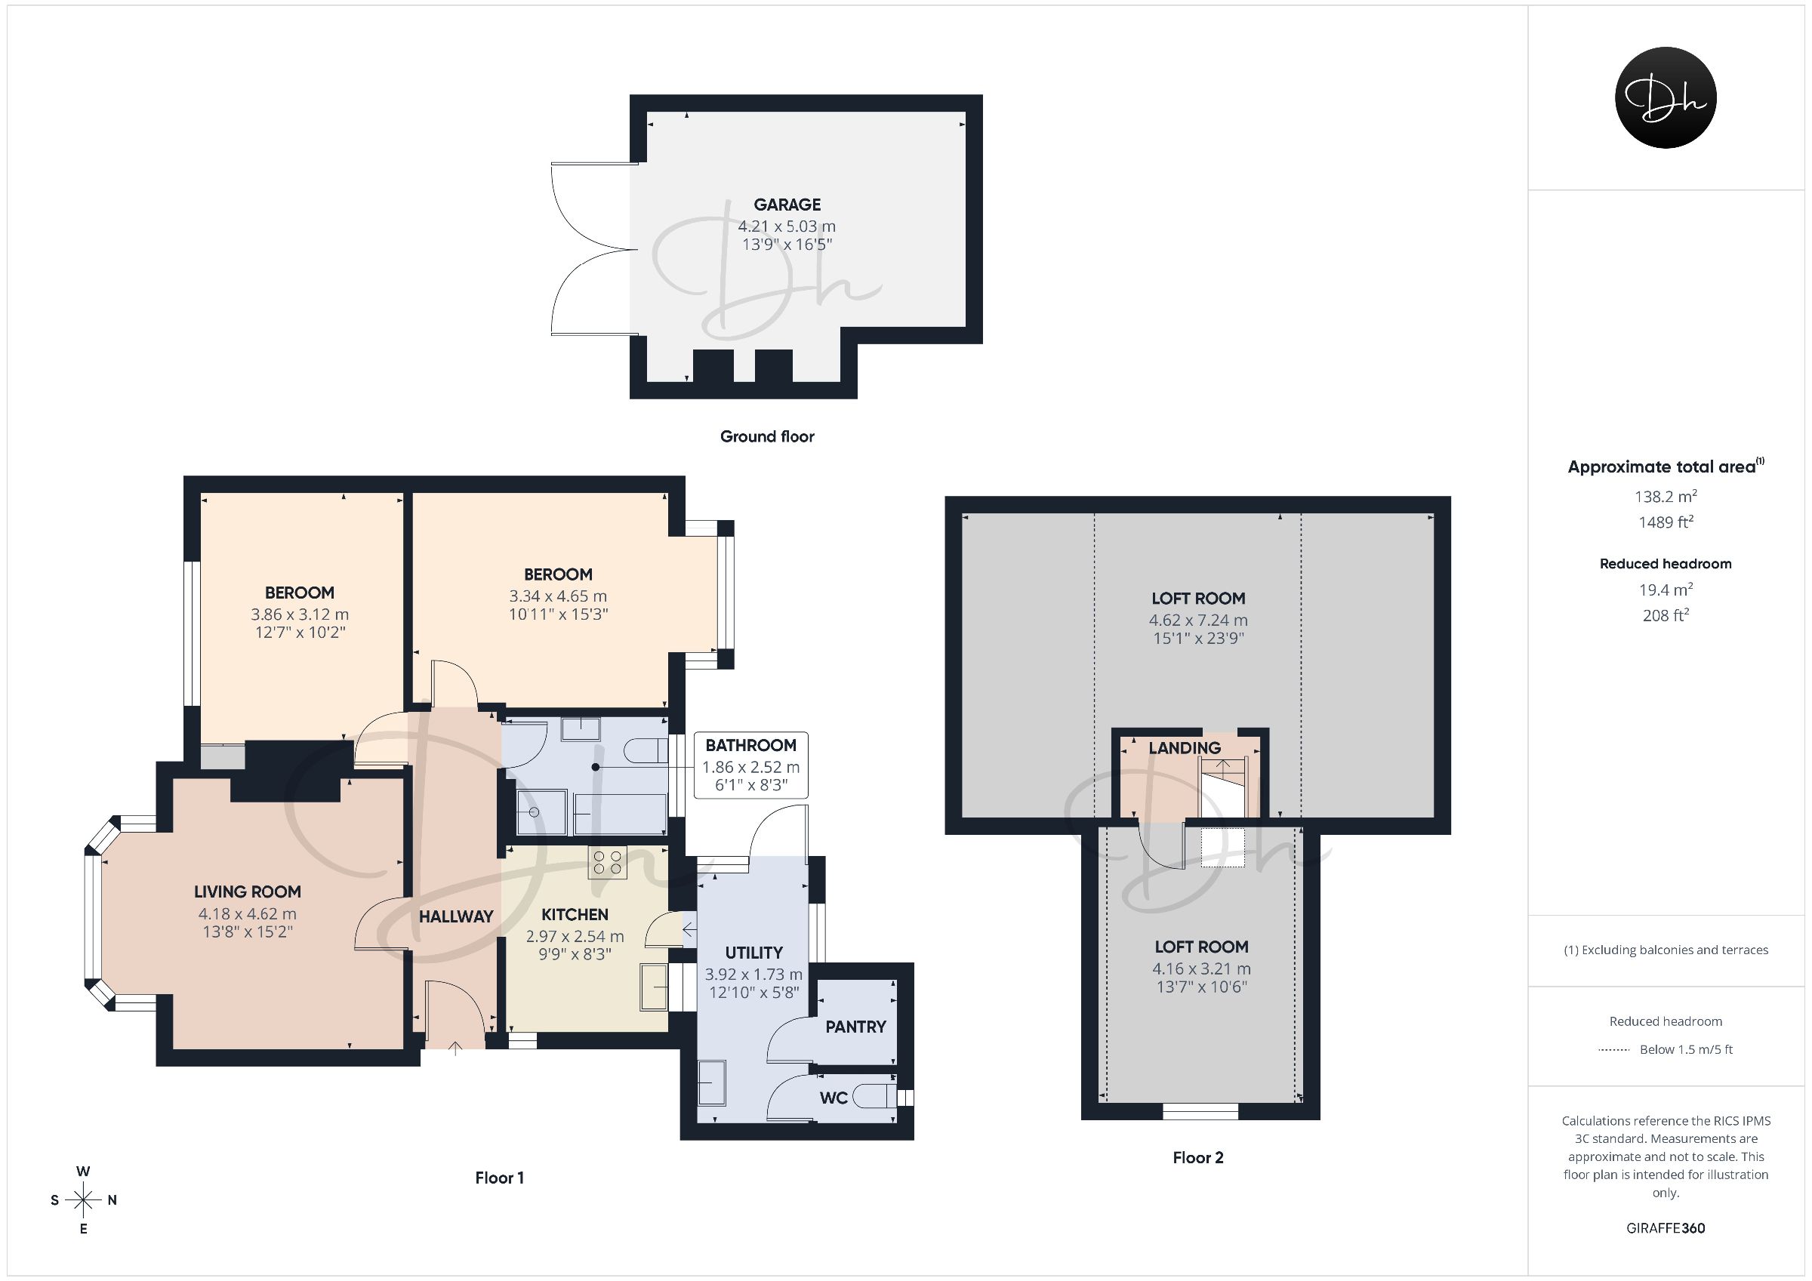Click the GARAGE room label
[787, 205]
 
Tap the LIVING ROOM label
[247, 892]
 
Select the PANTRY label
[855, 1027]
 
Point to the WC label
[834, 1098]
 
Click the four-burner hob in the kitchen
[607, 862]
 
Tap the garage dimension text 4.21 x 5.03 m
[787, 226]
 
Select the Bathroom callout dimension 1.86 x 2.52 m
[750, 767]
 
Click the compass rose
[84, 1200]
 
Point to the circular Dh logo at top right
[1666, 97]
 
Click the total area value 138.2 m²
[1666, 497]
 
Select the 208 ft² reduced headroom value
[1666, 615]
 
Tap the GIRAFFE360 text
[1666, 1228]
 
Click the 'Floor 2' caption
[1197, 1158]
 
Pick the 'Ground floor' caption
[766, 436]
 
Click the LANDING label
[1184, 748]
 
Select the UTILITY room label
[753, 953]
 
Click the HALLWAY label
[455, 916]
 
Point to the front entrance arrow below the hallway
[455, 1049]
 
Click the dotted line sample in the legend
[1614, 1050]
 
